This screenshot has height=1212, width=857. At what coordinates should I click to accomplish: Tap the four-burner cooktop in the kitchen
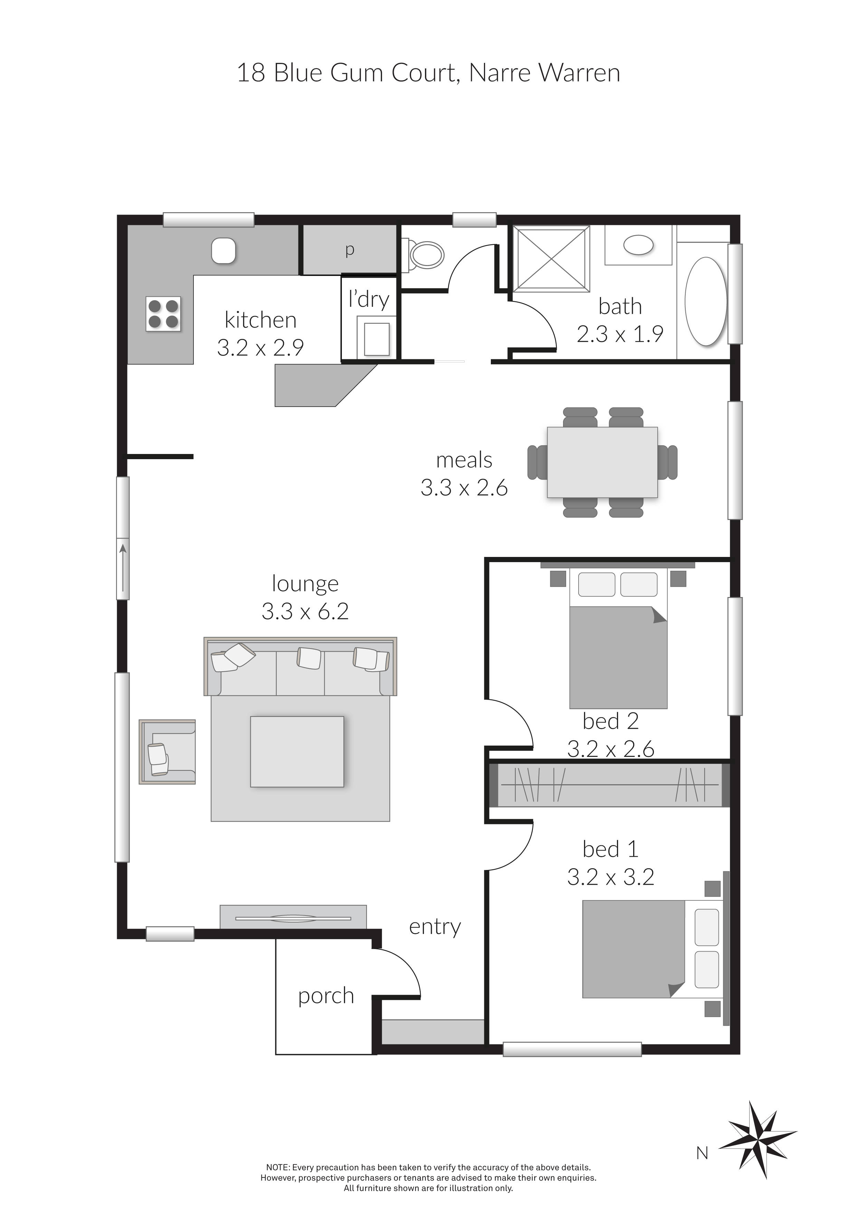click(163, 314)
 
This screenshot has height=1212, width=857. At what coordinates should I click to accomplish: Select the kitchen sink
click(223, 251)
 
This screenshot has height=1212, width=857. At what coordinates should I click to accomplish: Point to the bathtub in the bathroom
click(706, 301)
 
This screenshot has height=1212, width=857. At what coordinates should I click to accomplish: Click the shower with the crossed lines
click(551, 258)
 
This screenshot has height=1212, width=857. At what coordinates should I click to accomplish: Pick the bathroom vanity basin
click(639, 245)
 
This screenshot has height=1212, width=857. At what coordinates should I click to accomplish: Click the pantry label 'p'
click(349, 250)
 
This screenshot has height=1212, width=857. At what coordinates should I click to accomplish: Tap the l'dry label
click(369, 299)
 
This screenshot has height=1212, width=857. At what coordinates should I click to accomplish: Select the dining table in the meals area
click(602, 462)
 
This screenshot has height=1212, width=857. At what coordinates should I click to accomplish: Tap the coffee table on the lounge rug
click(297, 752)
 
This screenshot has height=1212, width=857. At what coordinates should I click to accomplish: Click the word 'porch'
click(326, 996)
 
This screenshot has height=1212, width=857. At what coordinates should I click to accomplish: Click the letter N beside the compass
click(702, 1154)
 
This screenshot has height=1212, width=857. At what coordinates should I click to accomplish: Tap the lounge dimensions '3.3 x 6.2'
click(305, 611)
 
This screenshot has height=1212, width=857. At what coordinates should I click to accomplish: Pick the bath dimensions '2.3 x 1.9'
click(620, 334)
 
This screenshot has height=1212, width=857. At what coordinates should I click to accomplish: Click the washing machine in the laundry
click(376, 336)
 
